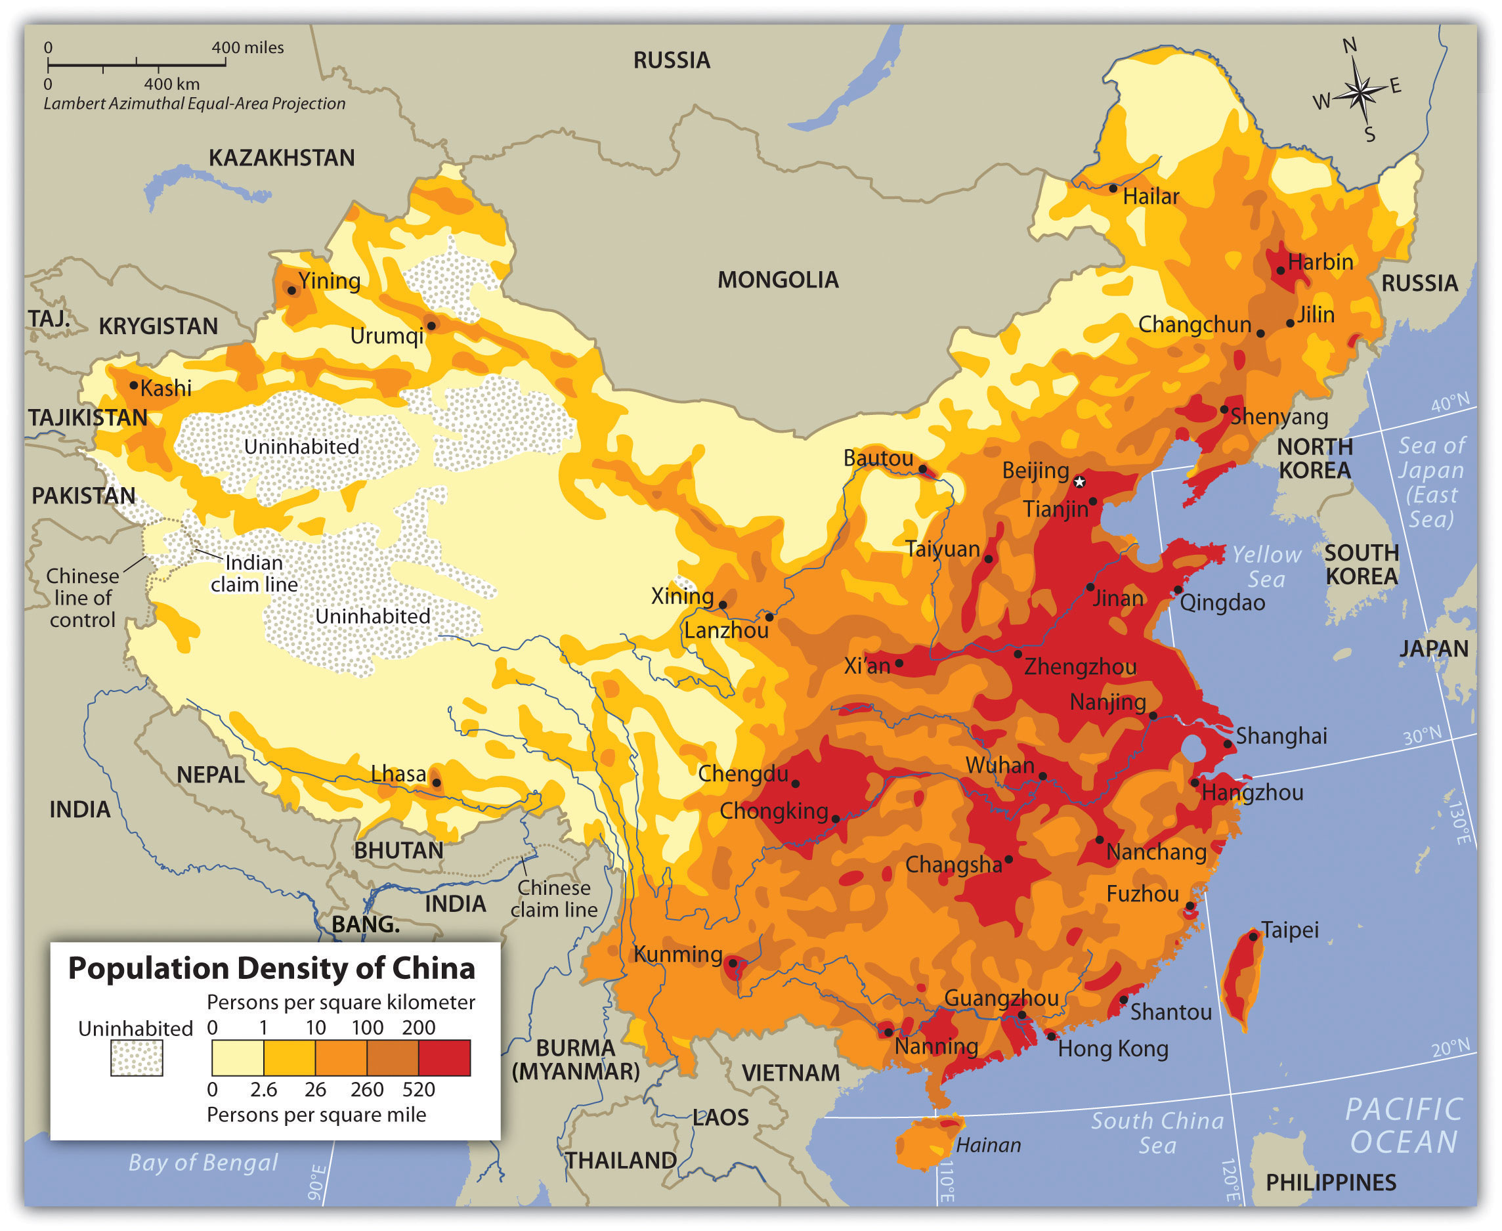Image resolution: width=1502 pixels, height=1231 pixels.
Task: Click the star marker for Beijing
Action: click(1079, 482)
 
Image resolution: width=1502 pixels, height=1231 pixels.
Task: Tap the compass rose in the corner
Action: click(1360, 91)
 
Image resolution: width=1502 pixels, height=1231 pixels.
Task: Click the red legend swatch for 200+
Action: click(444, 1057)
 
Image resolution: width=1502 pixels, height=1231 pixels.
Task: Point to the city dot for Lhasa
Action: click(437, 783)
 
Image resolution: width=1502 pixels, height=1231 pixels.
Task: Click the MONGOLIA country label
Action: click(777, 280)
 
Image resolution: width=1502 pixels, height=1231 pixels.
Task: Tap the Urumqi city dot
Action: click(431, 326)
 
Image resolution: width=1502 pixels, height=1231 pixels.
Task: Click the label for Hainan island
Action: click(988, 1145)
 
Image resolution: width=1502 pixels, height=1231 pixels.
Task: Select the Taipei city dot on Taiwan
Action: click(1253, 937)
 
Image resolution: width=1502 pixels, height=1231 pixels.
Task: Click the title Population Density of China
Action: click(271, 968)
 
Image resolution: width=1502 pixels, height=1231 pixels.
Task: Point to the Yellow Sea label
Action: click(1266, 567)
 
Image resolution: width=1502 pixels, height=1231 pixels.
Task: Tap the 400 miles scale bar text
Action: click(247, 47)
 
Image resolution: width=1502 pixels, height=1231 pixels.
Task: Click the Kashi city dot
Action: click(133, 385)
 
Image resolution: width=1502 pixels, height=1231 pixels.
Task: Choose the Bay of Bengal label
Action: click(203, 1163)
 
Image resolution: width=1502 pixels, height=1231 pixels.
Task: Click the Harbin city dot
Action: click(1281, 270)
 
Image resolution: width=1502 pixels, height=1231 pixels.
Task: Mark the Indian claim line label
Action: click(254, 573)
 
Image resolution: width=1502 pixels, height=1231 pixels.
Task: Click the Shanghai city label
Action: click(1281, 736)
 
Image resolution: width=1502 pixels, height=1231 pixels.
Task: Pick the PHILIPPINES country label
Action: click(1331, 1183)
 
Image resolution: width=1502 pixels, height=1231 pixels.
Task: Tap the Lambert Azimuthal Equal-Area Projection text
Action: click(194, 104)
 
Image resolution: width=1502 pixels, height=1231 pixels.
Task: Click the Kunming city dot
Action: click(733, 963)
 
